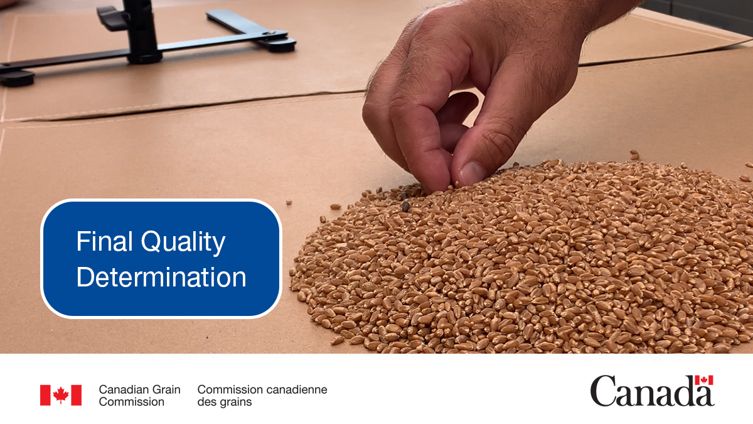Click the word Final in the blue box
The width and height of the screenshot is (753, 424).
pyautogui.click(x=102, y=241)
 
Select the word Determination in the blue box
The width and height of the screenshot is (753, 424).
pyautogui.click(x=161, y=278)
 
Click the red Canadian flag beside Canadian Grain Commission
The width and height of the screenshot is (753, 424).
pyautogui.click(x=61, y=395)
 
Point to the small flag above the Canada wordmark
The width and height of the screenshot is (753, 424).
pyautogui.click(x=703, y=381)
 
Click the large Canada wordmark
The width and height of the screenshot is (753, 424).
pyautogui.click(x=651, y=392)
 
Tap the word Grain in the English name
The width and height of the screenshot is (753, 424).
pyautogui.click(x=166, y=389)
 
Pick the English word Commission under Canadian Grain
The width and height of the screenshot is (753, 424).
pyautogui.click(x=131, y=402)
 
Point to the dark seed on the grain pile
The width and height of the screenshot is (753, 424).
pyautogui.click(x=405, y=205)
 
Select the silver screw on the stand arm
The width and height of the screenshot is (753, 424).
pyautogui.click(x=268, y=33)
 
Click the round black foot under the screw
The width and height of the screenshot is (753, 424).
pyautogui.click(x=281, y=45)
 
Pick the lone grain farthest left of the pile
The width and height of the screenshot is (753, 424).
pyautogui.click(x=289, y=202)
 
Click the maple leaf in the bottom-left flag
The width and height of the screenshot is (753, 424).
pyautogui.click(x=61, y=395)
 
